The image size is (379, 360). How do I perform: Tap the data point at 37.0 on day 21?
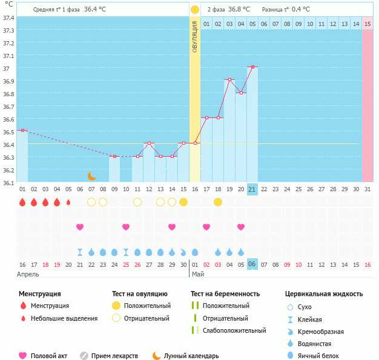[x=252, y=67]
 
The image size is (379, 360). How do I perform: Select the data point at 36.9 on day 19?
[x=229, y=79]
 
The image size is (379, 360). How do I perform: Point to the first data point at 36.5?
[x=22, y=130]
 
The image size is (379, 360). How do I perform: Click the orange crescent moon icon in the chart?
[x=91, y=176]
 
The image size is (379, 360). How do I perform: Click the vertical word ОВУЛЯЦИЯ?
[x=195, y=36]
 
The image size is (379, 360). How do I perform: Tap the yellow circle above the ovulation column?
[x=195, y=10]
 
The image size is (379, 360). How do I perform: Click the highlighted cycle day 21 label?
[x=252, y=189]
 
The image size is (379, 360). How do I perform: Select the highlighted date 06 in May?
[x=252, y=264]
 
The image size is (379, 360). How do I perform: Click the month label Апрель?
[x=28, y=274]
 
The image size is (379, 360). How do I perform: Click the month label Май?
[x=197, y=274]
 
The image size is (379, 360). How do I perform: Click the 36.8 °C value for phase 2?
[x=242, y=10]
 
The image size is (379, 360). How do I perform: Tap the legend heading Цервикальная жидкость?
[x=324, y=294]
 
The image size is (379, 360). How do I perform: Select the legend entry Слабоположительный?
[x=234, y=330]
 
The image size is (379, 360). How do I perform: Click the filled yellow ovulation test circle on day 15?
[x=183, y=201]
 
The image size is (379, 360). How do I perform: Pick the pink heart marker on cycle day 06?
[x=80, y=227]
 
